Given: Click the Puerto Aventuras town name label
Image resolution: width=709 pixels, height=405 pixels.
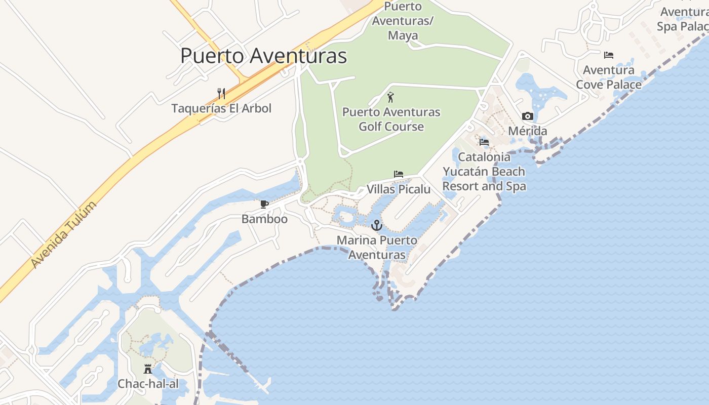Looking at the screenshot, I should [263, 56].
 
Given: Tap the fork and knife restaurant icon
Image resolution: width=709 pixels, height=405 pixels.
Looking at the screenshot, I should [221, 94].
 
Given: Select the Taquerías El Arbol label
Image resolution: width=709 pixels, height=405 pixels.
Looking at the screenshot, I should [221, 108].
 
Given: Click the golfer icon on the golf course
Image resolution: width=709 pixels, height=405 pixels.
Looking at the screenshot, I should [390, 97].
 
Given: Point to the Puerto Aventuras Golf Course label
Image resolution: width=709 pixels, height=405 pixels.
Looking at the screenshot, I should [391, 119].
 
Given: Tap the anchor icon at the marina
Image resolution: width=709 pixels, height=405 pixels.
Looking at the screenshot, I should [376, 225].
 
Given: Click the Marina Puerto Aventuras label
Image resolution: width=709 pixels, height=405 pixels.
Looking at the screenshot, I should [377, 248].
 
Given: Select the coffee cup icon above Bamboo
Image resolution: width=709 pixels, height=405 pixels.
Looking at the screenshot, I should [264, 205].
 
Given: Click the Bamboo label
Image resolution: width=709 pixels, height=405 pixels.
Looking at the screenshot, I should [264, 219].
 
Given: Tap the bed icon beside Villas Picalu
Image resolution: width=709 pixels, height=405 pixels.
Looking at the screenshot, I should [399, 175].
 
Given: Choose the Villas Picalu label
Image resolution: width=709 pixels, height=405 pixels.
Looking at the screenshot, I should [399, 189].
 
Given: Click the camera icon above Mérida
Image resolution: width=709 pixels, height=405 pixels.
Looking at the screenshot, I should [528, 116].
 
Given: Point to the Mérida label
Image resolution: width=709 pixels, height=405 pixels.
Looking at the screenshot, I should [528, 131].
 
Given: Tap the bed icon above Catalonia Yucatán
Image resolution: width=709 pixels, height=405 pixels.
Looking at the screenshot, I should [484, 142].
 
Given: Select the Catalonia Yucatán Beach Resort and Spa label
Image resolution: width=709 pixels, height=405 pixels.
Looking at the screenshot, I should [484, 172].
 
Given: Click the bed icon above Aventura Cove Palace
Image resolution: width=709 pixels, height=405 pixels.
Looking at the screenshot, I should [609, 55].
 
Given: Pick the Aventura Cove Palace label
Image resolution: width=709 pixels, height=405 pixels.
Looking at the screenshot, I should [609, 77].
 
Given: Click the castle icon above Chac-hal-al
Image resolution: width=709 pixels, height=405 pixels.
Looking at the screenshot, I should [148, 369].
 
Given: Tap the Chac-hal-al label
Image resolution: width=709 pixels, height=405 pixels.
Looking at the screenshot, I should [148, 384].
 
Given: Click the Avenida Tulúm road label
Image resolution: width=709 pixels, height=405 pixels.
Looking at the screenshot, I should [63, 235].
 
